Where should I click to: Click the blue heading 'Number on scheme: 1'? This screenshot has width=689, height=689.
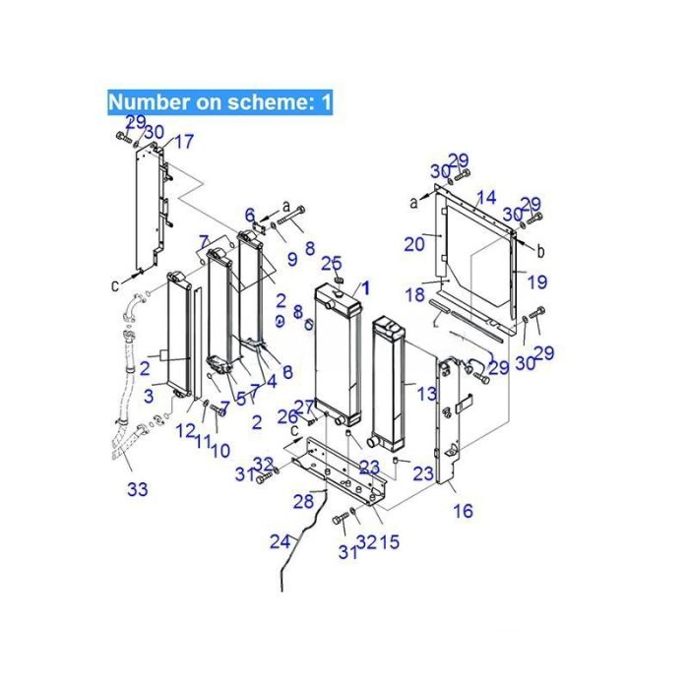click(220, 101)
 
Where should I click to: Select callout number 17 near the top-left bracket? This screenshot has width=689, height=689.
click(185, 140)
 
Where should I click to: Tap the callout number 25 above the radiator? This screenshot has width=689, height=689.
click(332, 263)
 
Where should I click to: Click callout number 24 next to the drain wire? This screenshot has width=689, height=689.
click(281, 540)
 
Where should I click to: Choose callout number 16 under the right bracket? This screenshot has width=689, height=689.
click(463, 511)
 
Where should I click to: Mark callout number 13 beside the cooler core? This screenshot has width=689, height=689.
click(425, 394)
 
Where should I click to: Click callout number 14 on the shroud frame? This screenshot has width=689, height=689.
click(486, 198)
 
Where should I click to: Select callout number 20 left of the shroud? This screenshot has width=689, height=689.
click(415, 242)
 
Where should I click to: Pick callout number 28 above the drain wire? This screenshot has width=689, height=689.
click(303, 502)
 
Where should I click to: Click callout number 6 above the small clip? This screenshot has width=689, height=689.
click(250, 215)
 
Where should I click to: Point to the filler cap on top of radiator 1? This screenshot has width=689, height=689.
click(340, 282)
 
